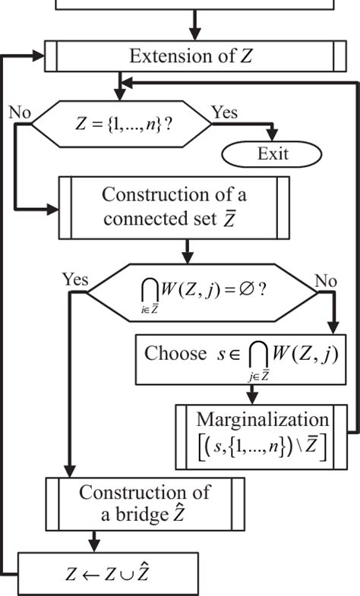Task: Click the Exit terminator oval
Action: (x=271, y=154)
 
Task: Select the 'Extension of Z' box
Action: (x=195, y=56)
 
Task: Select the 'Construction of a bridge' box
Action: (x=145, y=502)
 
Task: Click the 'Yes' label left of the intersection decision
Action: (x=75, y=279)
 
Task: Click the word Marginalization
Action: (x=263, y=419)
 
